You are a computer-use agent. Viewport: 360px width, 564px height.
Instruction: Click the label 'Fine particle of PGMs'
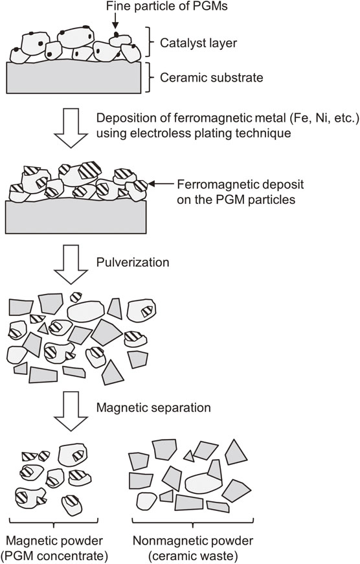click(166, 6)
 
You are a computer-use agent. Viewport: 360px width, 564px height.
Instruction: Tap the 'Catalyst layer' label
click(199, 43)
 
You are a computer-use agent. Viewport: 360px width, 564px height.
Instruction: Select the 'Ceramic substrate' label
click(212, 77)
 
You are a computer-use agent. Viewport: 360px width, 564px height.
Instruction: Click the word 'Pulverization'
click(133, 262)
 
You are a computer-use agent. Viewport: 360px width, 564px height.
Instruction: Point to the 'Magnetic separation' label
click(153, 407)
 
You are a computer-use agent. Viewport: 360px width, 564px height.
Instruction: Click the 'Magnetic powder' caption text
click(54, 541)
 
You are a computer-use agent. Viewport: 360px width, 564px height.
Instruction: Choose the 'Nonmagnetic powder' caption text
click(193, 541)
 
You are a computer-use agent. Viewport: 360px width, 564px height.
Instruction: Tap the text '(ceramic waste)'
click(193, 556)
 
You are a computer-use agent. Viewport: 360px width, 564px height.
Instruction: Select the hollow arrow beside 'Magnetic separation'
click(71, 411)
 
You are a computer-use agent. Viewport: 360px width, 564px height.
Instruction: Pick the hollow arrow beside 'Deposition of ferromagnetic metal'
click(71, 128)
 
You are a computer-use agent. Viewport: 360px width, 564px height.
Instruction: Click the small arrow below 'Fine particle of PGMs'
click(115, 21)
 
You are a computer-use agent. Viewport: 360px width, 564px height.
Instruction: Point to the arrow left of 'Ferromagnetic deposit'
click(161, 184)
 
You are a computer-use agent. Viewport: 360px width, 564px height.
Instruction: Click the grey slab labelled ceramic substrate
click(73, 77)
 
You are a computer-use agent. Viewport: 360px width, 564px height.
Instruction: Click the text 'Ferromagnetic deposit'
click(240, 185)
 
